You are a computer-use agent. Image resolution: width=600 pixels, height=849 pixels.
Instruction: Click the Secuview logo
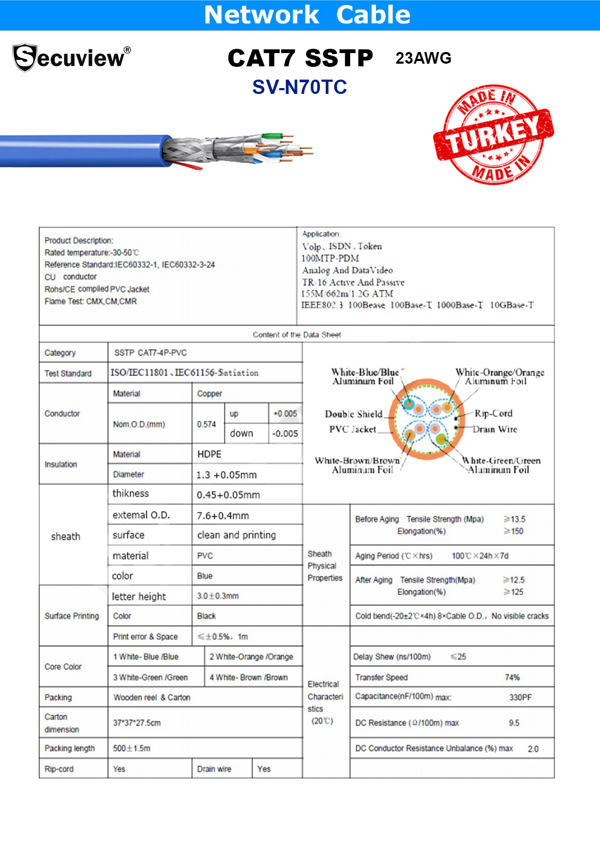point(71,57)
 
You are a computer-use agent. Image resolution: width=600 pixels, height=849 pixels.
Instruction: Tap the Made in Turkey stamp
point(493,135)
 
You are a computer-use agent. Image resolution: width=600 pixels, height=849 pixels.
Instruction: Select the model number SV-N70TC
point(299,87)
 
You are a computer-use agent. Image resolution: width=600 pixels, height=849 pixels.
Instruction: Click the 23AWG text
point(423,58)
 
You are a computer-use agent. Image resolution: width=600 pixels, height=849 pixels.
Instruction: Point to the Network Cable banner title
point(307,15)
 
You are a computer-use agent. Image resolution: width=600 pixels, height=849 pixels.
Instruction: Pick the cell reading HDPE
point(209,454)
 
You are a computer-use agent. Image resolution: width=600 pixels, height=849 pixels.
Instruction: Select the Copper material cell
point(210,394)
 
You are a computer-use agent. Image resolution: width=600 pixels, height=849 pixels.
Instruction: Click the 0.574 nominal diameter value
point(206,424)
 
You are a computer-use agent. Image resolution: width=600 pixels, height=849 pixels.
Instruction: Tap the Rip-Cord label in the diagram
point(493,413)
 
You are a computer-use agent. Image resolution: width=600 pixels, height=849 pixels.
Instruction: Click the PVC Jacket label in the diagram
point(352,429)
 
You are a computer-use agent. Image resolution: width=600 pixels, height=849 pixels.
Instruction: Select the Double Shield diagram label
point(353,414)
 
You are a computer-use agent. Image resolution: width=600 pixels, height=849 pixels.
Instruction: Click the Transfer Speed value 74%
point(512,678)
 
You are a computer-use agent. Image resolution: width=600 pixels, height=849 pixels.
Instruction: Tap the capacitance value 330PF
point(520,697)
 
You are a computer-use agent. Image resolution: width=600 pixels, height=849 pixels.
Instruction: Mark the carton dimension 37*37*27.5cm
point(137,723)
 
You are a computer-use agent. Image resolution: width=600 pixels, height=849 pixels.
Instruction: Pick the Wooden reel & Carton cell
point(152,697)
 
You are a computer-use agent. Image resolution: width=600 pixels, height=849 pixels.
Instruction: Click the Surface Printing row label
point(72,616)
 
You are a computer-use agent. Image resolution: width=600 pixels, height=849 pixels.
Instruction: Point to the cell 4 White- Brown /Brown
point(248,678)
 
